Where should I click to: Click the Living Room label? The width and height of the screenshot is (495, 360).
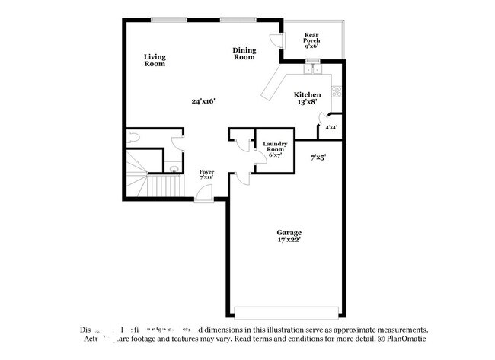155,60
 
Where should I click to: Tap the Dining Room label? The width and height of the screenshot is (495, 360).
244,53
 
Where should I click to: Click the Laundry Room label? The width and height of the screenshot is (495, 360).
274,149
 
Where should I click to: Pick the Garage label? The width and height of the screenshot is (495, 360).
289,235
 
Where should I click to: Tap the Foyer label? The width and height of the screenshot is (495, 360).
206,175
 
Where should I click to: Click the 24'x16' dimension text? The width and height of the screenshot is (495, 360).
203,100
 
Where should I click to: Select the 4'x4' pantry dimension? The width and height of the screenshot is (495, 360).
331,127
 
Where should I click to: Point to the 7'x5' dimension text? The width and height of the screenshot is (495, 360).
318,158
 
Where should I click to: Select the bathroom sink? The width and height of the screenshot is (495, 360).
173,169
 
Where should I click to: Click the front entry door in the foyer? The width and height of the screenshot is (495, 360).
204,195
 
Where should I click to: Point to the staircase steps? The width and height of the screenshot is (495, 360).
161,184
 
